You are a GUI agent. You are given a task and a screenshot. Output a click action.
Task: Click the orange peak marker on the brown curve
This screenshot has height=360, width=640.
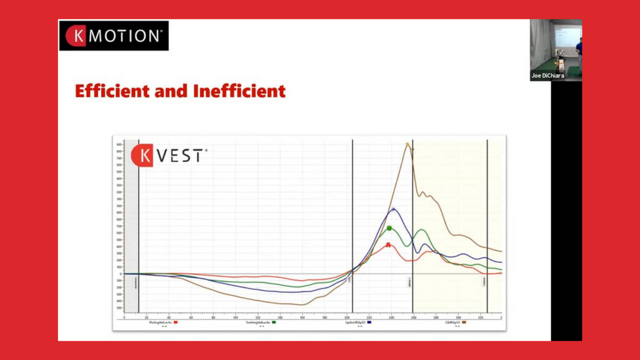[x=407, y=145]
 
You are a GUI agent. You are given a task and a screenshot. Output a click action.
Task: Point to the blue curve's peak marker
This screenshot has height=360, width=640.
[x=393, y=209]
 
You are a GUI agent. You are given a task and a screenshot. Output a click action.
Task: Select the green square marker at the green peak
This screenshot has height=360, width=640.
[x=389, y=228]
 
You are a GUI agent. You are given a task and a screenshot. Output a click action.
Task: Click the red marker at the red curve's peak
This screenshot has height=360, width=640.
[x=388, y=244]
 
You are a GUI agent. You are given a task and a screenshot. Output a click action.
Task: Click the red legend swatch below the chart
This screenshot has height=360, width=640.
[x=176, y=322]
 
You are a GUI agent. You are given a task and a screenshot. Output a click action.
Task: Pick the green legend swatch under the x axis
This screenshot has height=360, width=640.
[x=274, y=322]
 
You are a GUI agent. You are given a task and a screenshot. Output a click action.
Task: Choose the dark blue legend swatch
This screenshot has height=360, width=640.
[x=370, y=322]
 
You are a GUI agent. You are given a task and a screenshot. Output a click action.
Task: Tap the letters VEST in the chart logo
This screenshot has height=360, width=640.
[x=181, y=156]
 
